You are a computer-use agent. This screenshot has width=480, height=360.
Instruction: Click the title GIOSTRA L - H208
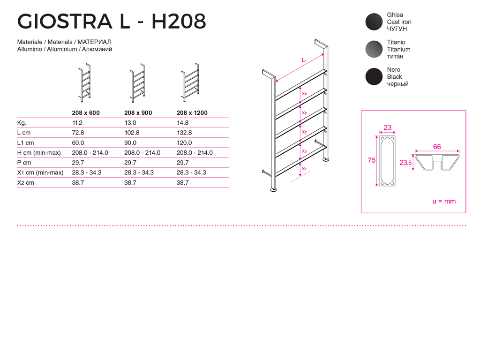coord(112,21)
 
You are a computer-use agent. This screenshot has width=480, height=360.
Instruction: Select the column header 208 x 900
coord(138,112)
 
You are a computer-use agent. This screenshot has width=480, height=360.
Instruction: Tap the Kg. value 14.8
coord(182,123)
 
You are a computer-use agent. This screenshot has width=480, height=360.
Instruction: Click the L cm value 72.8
coord(78,133)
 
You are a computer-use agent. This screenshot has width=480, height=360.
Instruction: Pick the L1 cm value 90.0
coord(130,142)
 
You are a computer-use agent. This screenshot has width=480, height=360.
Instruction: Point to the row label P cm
coord(24,163)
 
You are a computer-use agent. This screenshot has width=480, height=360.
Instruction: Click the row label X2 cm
coord(25,183)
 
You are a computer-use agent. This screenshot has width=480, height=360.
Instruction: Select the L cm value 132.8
coord(184,133)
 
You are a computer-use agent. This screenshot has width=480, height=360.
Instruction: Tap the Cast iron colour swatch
coord(374,22)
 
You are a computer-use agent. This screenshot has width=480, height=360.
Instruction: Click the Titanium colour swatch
coord(374,49)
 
